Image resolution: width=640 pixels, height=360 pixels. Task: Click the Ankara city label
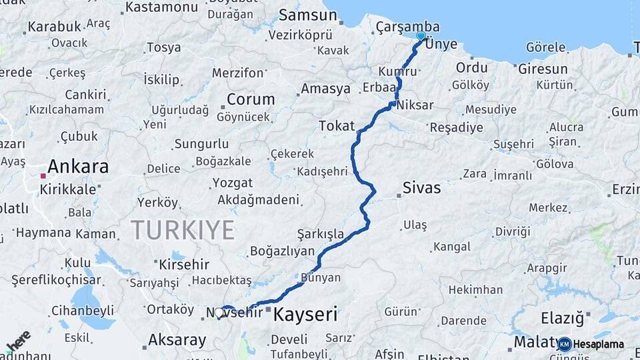[78, 166]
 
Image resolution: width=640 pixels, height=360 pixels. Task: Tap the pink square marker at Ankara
[43, 176]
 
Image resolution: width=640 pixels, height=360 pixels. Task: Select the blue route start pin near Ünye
[421, 36]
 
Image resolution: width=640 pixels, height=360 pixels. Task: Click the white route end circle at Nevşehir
[219, 311]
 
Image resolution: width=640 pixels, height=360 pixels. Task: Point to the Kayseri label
[305, 313]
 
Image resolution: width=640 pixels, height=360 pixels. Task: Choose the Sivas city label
[421, 188]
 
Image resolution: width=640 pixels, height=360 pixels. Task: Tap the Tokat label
[337, 125]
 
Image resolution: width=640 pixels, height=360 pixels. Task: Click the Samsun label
[308, 15]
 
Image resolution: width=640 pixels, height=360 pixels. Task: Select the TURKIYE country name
[182, 230]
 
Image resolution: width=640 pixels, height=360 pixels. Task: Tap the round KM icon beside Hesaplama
[564, 344]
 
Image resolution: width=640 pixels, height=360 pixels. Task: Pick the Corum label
[251, 99]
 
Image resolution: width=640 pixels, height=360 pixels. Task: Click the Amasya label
[325, 89]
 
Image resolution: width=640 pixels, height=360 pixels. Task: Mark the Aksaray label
[178, 340]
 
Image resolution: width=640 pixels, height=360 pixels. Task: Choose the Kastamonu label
[161, 7]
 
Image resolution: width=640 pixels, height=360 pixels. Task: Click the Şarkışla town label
[321, 234]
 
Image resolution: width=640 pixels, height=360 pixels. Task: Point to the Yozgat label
[232, 183]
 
